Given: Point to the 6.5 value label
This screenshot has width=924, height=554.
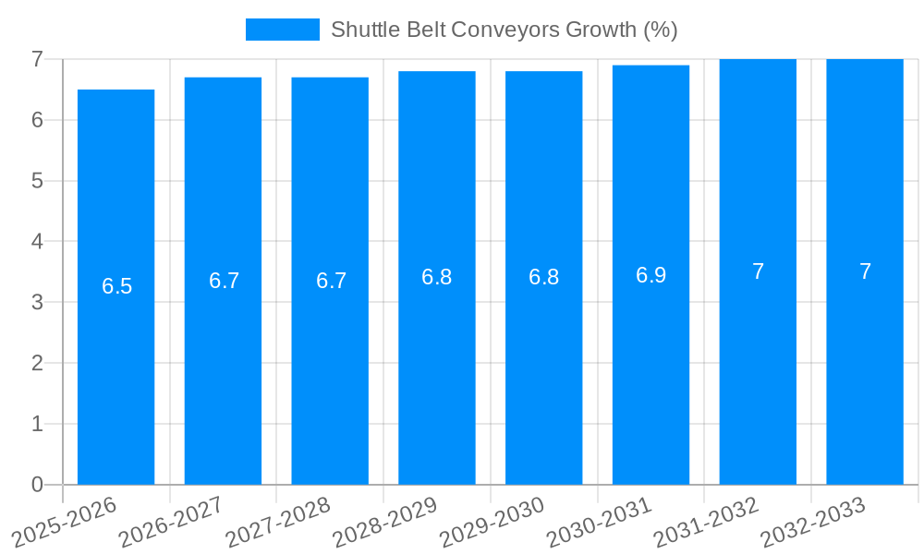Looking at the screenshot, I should [x=117, y=286].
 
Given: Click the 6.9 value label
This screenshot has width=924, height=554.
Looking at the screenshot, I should [x=650, y=275].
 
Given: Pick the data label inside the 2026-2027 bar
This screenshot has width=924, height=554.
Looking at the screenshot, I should [x=224, y=281].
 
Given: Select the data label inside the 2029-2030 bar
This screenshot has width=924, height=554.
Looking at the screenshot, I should [x=543, y=277].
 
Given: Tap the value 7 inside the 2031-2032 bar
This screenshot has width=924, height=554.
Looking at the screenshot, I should [x=758, y=271].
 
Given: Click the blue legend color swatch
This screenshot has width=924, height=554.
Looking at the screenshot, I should [x=282, y=30].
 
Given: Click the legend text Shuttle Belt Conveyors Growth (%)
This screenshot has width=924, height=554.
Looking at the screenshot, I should [x=505, y=30].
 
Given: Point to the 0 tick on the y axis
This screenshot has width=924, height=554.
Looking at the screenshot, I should [x=37, y=485].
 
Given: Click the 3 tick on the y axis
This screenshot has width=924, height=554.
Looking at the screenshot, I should [x=37, y=302].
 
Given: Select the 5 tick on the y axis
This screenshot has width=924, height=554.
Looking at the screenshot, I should [x=37, y=181].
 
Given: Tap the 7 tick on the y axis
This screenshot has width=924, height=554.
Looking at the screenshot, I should [x=37, y=59].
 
